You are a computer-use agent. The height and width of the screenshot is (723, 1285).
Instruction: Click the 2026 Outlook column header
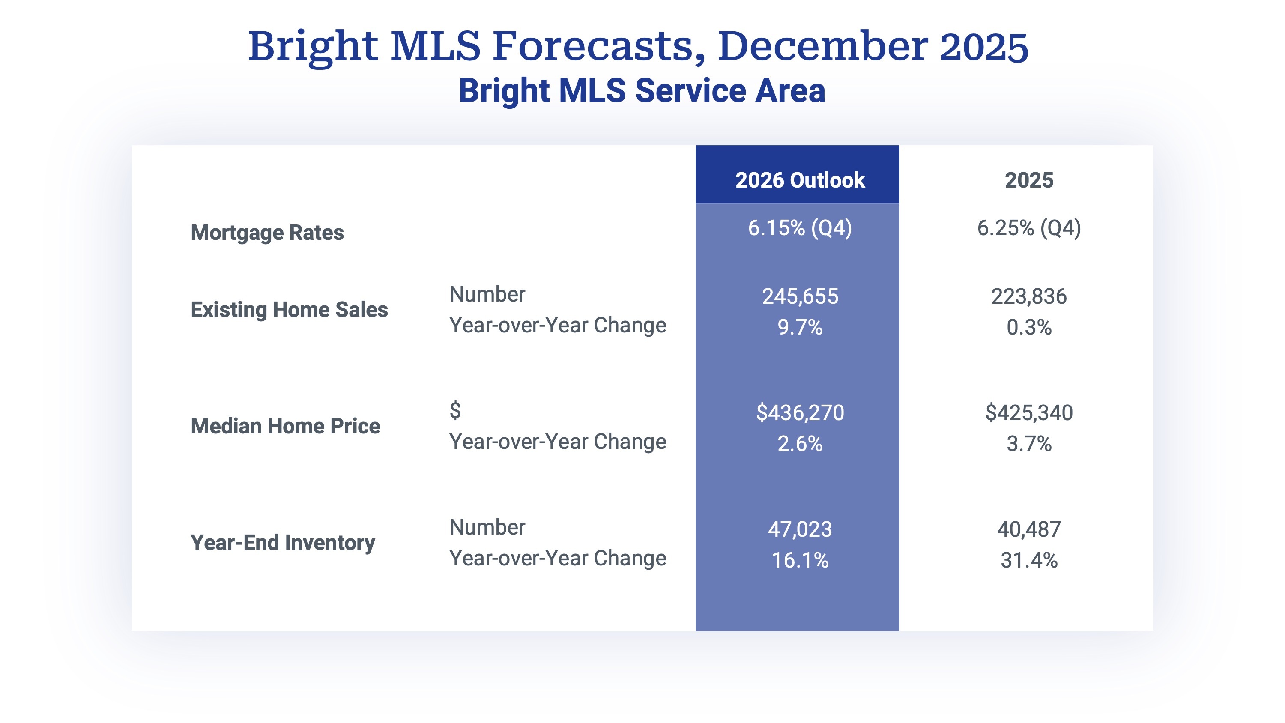pos(799,180)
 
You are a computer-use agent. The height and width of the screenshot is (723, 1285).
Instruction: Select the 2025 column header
pos(1028,180)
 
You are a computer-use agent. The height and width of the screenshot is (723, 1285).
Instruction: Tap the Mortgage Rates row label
pos(267,233)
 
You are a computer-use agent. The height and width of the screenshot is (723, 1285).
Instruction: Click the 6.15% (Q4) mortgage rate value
pos(799,228)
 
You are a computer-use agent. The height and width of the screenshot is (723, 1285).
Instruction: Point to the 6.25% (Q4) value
pos(1028,228)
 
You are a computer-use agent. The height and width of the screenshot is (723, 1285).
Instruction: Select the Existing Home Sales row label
pos(289,309)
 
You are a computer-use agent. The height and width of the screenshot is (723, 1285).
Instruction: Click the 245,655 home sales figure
pos(800,296)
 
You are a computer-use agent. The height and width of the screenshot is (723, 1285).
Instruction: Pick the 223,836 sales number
pos(1028,296)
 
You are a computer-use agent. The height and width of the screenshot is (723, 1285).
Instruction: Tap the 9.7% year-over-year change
pos(800,327)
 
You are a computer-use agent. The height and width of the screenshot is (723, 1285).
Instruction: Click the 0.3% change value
pos(1028,327)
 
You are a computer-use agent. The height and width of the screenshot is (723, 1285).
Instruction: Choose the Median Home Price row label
pos(285,426)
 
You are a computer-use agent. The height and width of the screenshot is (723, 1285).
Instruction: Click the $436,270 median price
pos(800,412)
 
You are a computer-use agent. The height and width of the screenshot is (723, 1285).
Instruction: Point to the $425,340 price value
pos(1028,412)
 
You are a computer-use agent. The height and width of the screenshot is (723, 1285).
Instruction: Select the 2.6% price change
pos(800,444)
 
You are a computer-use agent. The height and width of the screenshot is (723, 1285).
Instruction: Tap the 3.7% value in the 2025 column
pos(1028,444)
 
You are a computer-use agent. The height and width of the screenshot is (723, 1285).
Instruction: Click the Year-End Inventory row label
pos(282,542)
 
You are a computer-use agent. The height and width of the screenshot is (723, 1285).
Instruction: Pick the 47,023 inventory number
pos(800,529)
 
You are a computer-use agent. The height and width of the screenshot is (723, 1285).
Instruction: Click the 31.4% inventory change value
pos(1028,560)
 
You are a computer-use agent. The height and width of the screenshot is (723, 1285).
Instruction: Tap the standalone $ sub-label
pos(455,410)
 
